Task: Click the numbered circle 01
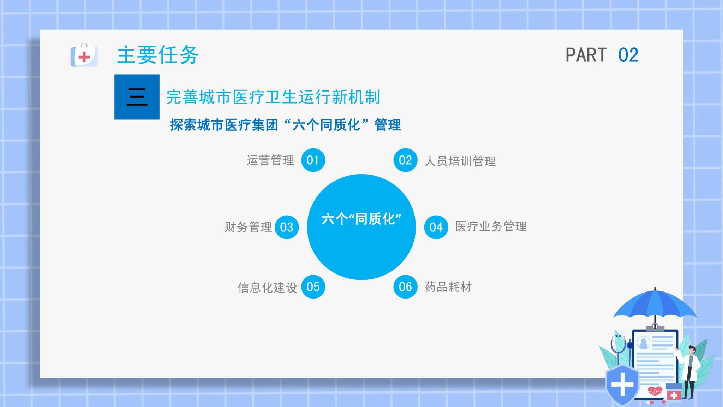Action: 313,160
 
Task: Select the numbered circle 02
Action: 406,160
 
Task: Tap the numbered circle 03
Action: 287,227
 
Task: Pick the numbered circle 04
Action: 436,227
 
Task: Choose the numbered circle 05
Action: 313,287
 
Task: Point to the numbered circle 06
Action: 406,287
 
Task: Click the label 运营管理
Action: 270,160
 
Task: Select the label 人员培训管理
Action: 460,161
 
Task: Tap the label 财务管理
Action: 248,227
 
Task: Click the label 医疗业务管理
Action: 491,226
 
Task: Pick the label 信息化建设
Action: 267,288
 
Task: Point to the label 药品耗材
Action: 448,287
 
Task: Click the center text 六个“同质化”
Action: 361,219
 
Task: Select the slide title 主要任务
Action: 158,55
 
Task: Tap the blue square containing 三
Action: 137,97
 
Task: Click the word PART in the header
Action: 586,55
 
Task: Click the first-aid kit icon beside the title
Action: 84,55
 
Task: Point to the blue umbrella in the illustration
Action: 655,303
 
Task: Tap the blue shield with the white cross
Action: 622,385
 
